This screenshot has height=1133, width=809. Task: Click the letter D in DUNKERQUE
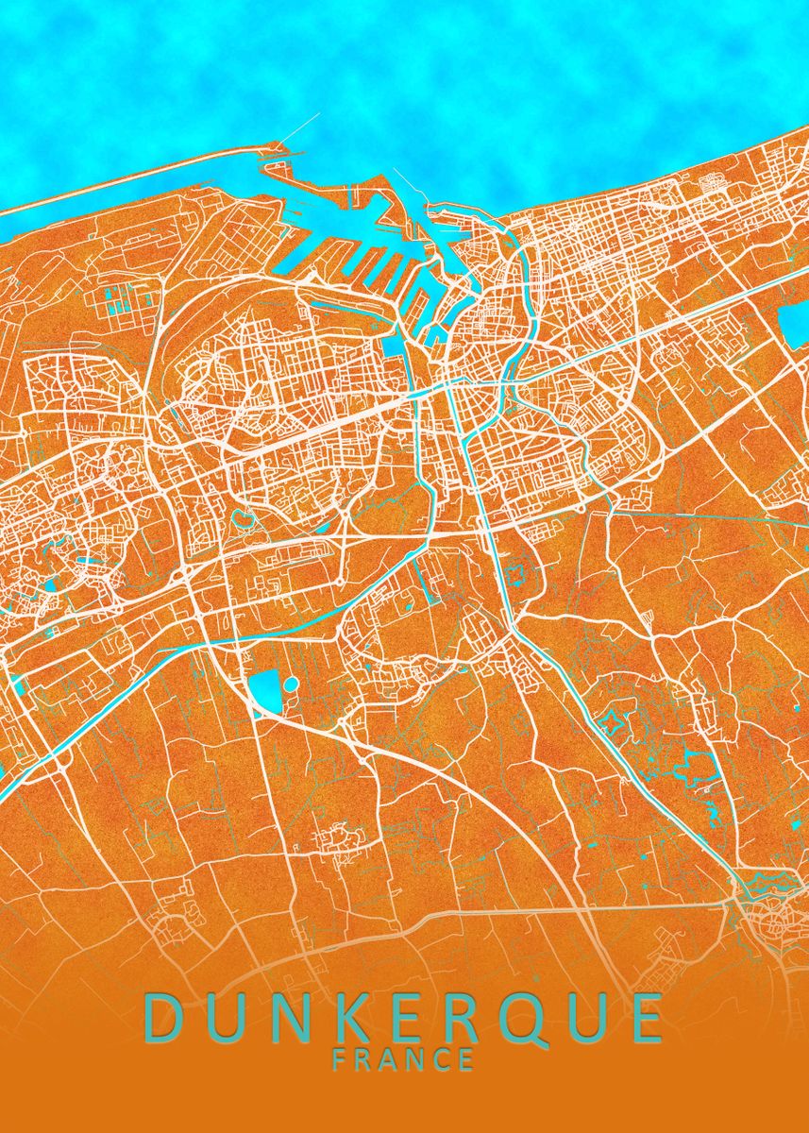point(164,1017)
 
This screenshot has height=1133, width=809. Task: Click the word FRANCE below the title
point(404,1059)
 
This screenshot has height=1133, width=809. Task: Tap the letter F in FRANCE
point(340,1059)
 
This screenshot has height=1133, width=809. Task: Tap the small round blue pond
point(291,684)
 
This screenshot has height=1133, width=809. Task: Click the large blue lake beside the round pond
point(264,691)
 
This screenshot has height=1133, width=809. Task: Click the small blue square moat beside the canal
point(516,573)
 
